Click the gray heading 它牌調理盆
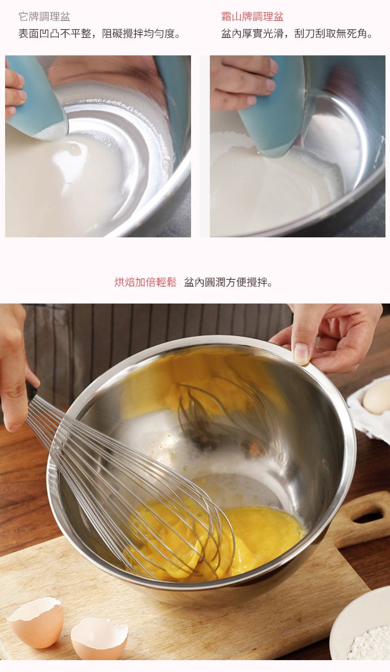point(44,17)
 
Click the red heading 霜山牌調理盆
point(252,17)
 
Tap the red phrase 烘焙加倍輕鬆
point(145,282)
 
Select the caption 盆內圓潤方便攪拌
point(228,282)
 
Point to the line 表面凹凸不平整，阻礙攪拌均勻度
point(99,33)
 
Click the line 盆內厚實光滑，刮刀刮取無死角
point(297,33)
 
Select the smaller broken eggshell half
point(99,638)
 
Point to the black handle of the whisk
point(31,391)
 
